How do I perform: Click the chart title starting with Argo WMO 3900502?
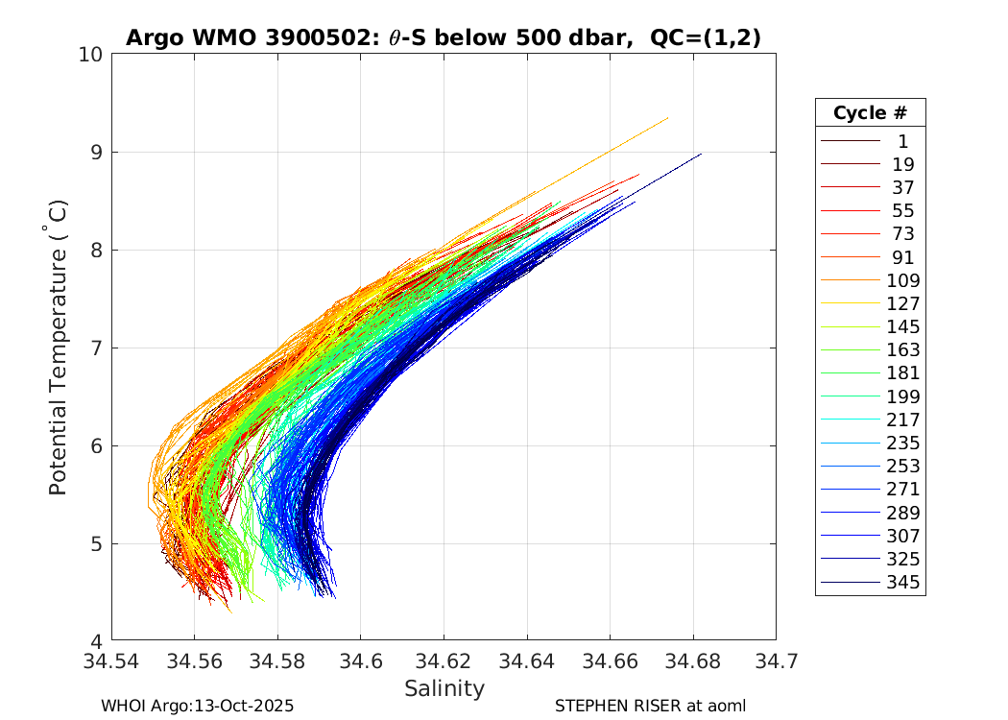[443, 37]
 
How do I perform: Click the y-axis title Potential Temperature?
[58, 348]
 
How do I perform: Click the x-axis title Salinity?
[444, 688]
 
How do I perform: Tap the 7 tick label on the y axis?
[96, 348]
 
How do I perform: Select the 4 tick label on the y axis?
[96, 641]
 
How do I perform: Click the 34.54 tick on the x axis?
[112, 661]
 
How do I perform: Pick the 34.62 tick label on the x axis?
[444, 661]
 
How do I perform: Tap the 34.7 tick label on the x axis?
[775, 661]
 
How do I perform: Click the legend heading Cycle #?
[870, 112]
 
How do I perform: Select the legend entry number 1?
[901, 141]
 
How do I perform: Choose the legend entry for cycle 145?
[901, 326]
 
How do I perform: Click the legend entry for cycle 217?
[901, 420]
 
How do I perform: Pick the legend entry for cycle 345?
[901, 582]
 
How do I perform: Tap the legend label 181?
[902, 372]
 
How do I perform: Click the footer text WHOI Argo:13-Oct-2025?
[198, 706]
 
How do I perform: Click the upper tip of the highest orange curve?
[667, 118]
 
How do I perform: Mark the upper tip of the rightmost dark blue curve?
[702, 154]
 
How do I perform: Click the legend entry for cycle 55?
[901, 211]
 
